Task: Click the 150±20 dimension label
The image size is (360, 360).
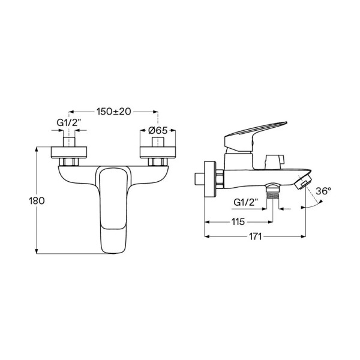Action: coord(113,112)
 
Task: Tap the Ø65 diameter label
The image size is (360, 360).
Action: coord(158,130)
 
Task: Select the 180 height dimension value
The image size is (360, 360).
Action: coord(37,201)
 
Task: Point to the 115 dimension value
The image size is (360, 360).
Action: coord(238,222)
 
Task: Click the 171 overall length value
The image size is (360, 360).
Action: coord(256,236)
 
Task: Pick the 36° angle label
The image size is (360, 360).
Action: coord(323,191)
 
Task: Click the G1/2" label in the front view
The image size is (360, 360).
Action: coord(69,123)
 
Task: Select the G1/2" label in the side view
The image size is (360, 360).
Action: coord(246,202)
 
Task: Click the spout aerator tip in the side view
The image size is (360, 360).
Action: coord(303,181)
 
